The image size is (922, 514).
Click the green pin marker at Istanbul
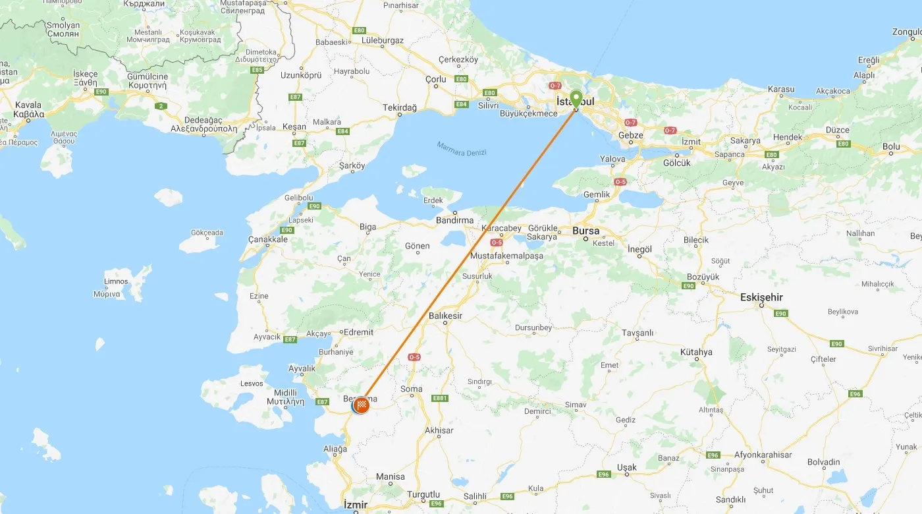coord(576,100)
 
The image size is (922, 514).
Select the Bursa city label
coord(585,231)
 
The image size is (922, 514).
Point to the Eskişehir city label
coord(761,297)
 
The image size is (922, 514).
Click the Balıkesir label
coord(446,316)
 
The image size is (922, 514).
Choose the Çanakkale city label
coord(268,240)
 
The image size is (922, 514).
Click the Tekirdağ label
coord(400,107)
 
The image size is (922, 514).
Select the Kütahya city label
coord(696,352)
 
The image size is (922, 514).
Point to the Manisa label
coord(391,476)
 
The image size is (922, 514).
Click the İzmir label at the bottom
coord(356,505)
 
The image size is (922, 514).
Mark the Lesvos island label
coord(252,384)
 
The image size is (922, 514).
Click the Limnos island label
coord(116,281)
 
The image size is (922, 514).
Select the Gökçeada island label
coord(207,233)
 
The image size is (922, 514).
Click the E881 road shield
coord(440,398)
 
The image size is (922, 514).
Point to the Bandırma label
coord(455,220)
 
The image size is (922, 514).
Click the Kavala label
coord(28,105)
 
